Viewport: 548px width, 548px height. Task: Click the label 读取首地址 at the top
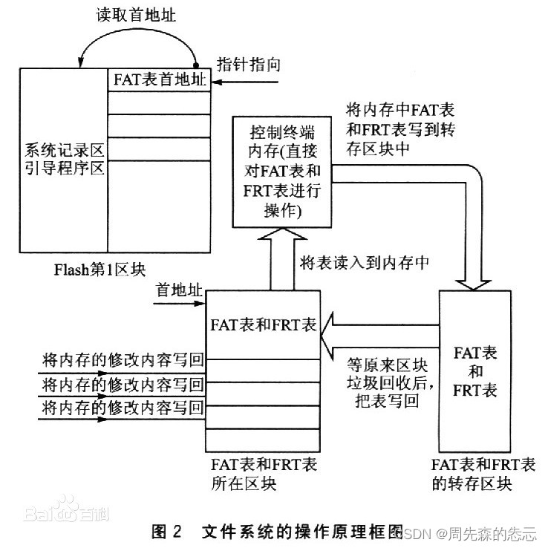click(x=137, y=14)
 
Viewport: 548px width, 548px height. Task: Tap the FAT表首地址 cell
click(x=160, y=79)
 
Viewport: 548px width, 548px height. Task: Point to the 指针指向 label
click(x=248, y=64)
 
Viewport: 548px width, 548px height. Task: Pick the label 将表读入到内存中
click(x=365, y=261)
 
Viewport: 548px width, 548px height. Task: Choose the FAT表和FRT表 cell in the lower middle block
click(x=264, y=324)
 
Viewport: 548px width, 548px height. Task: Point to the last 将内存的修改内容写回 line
click(x=123, y=407)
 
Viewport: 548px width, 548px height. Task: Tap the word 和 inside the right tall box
click(x=476, y=371)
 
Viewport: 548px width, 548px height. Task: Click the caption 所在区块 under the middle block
click(x=244, y=483)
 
